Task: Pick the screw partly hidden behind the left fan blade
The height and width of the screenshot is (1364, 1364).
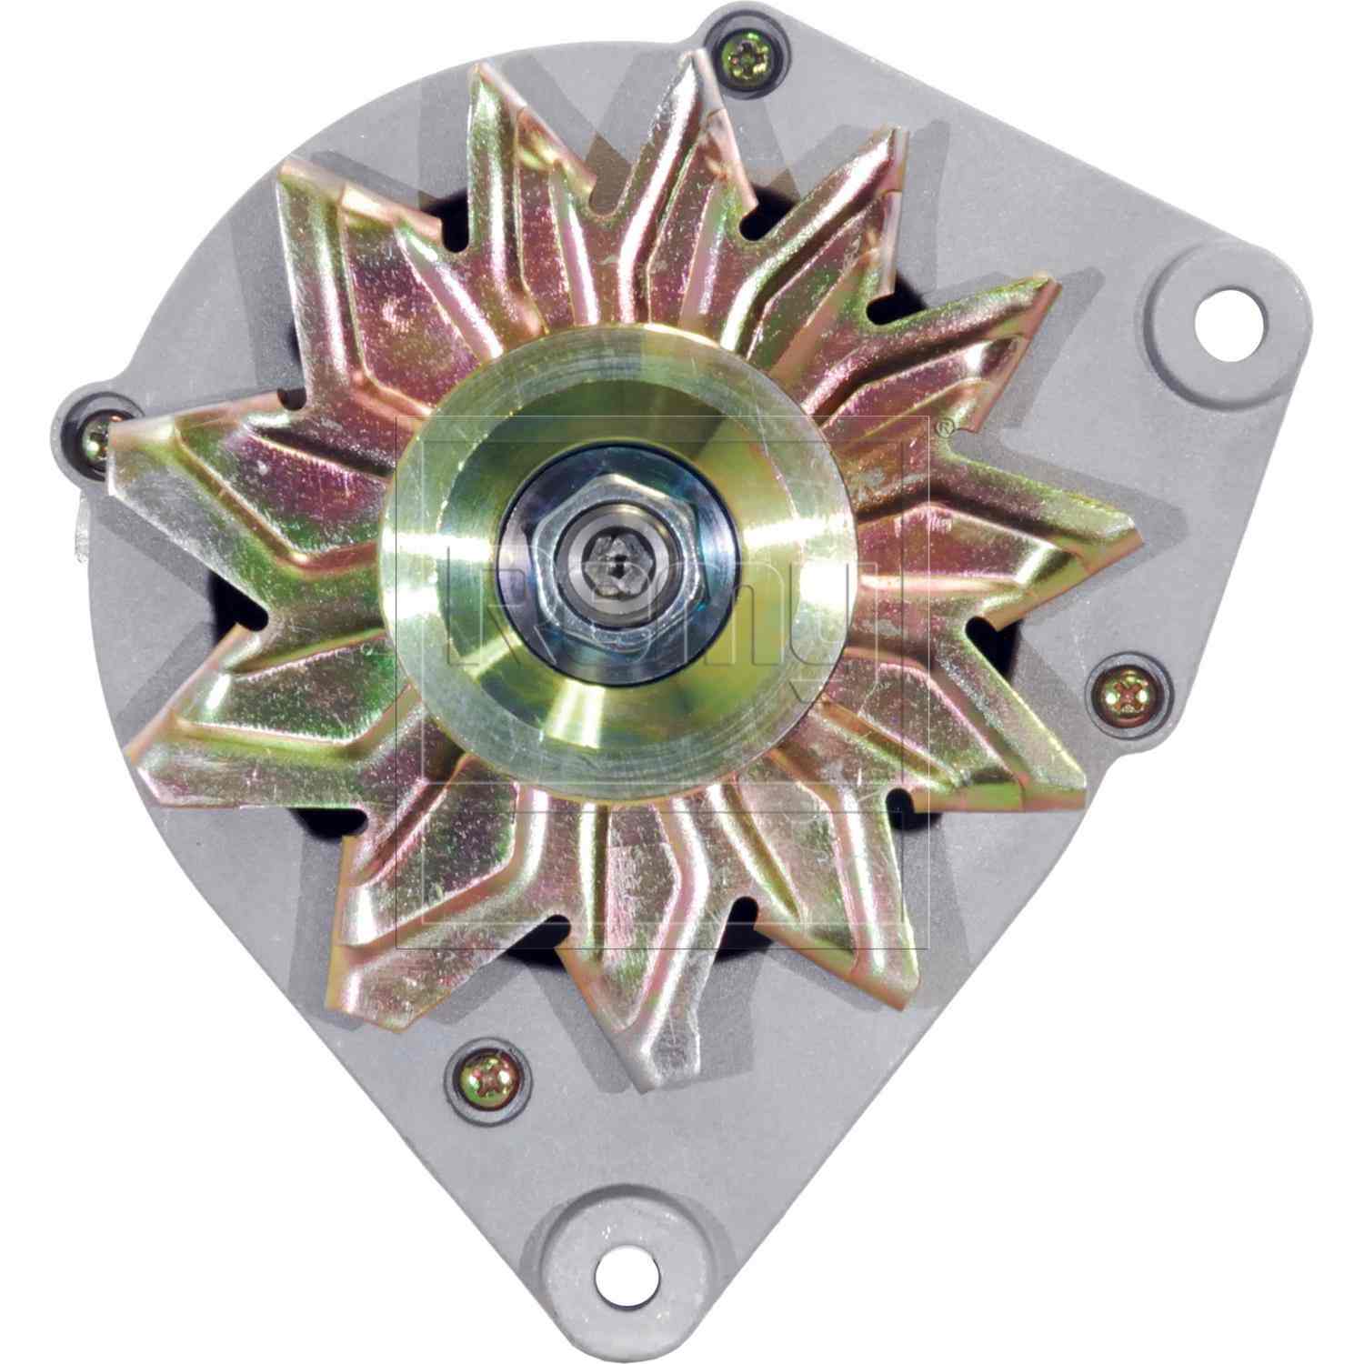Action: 96,440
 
